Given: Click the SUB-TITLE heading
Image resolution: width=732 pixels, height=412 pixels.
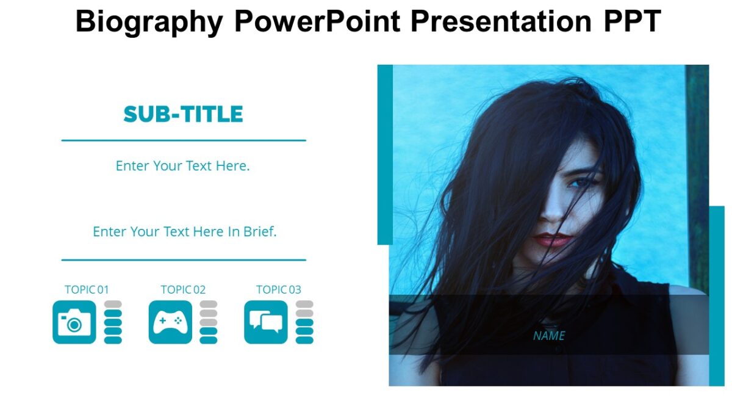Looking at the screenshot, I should click(x=183, y=114).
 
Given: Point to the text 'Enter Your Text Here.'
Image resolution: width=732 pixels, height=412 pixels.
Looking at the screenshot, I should click(x=183, y=165).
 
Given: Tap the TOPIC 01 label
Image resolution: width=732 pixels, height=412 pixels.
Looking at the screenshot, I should click(x=87, y=290).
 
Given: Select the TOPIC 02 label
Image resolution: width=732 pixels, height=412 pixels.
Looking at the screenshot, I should click(x=183, y=290).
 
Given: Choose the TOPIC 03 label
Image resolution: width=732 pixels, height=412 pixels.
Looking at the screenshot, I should click(x=278, y=290).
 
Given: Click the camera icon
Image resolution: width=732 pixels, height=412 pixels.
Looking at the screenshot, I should click(x=74, y=322).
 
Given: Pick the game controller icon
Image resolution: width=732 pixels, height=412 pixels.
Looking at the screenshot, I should click(x=170, y=322).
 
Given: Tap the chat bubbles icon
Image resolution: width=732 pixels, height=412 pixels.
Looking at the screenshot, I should click(x=265, y=322).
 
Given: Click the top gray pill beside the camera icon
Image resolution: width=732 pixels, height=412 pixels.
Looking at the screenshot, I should click(x=113, y=304).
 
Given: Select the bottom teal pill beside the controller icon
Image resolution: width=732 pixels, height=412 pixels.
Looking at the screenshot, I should click(x=209, y=340).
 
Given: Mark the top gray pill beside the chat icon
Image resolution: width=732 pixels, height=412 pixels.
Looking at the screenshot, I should click(x=304, y=304).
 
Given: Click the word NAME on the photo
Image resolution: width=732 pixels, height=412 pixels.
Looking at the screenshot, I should click(x=549, y=336).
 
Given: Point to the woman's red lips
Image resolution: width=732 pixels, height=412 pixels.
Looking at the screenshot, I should click(x=552, y=239).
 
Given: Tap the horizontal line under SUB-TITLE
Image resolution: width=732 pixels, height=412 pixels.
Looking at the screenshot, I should click(x=183, y=140).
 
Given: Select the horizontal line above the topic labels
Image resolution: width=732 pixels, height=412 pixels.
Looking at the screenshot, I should click(x=183, y=260).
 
